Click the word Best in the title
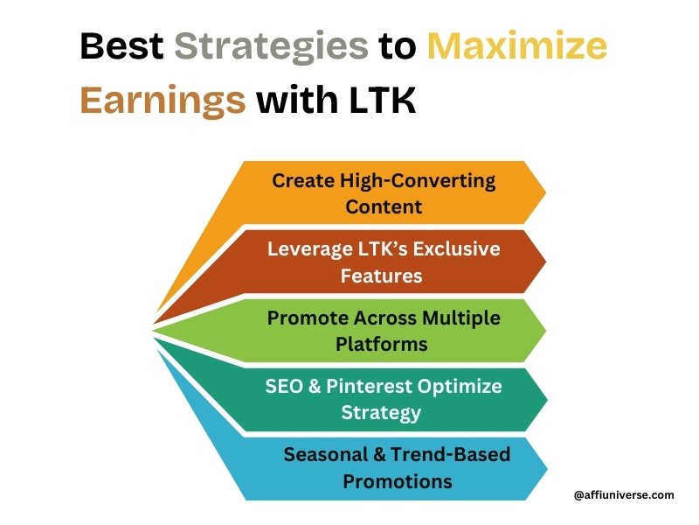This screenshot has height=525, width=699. pyautogui.click(x=121, y=45)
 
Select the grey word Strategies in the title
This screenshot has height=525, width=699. pyautogui.click(x=271, y=48)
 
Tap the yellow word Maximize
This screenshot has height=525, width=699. pyautogui.click(x=517, y=45)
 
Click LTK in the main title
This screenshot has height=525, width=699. pyautogui.click(x=382, y=99)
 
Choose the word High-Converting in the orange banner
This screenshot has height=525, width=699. pyautogui.click(x=418, y=182)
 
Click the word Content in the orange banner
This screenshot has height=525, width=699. pyautogui.click(x=384, y=206)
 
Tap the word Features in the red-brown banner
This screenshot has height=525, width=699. pyautogui.click(x=382, y=276)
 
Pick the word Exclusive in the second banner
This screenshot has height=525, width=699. pyautogui.click(x=456, y=248)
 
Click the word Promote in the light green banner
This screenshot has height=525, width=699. pyautogui.click(x=308, y=318)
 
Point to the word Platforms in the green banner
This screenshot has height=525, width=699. pyautogui.click(x=382, y=344)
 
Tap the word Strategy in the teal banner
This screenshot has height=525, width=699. pyautogui.click(x=381, y=413)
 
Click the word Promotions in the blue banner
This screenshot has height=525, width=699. pyautogui.click(x=398, y=482)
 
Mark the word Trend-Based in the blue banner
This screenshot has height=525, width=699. pyautogui.click(x=451, y=454)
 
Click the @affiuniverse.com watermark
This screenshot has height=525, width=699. pyautogui.click(x=624, y=495)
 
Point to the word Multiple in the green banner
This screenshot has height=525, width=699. pyautogui.click(x=461, y=318)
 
